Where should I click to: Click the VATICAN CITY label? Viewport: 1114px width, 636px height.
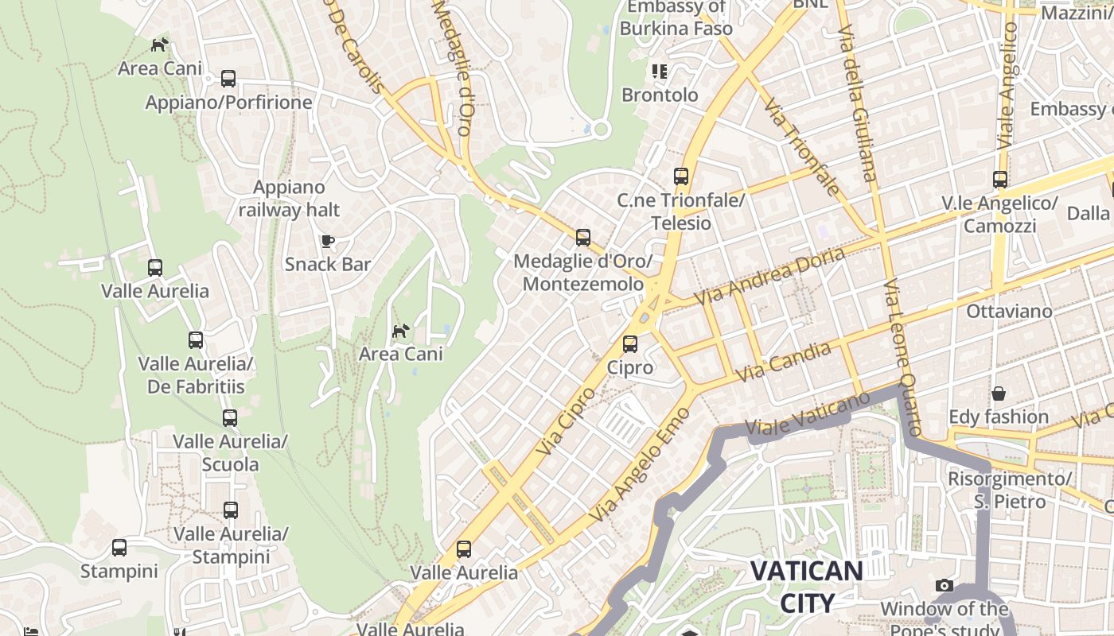807,587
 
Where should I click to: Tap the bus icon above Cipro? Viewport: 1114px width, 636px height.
630,344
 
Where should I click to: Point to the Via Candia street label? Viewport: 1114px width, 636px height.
784,362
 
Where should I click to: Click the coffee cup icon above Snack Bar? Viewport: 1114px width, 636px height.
327,241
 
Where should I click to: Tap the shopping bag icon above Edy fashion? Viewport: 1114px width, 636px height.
999,394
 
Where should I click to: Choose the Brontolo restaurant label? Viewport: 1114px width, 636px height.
660,95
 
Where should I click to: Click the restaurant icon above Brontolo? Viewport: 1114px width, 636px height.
660,72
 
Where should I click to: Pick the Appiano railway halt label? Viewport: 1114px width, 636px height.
289,199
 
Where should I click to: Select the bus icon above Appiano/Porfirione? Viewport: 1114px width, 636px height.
228,79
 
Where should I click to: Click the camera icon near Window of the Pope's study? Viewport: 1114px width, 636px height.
945,586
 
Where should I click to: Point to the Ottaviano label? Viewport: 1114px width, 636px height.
1009,311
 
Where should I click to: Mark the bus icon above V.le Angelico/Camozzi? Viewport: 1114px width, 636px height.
1000,180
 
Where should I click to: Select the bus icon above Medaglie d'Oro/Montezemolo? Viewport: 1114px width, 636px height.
583,238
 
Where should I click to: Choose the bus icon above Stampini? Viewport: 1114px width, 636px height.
119,548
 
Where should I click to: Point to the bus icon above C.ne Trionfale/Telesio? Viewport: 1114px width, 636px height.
680,176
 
